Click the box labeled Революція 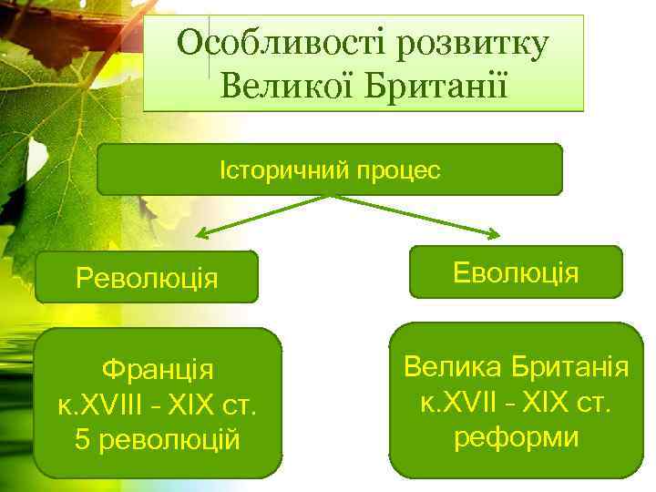[147, 277]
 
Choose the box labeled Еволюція [516, 272]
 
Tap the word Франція [158, 370]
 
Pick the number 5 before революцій [83, 439]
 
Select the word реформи [516, 436]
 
